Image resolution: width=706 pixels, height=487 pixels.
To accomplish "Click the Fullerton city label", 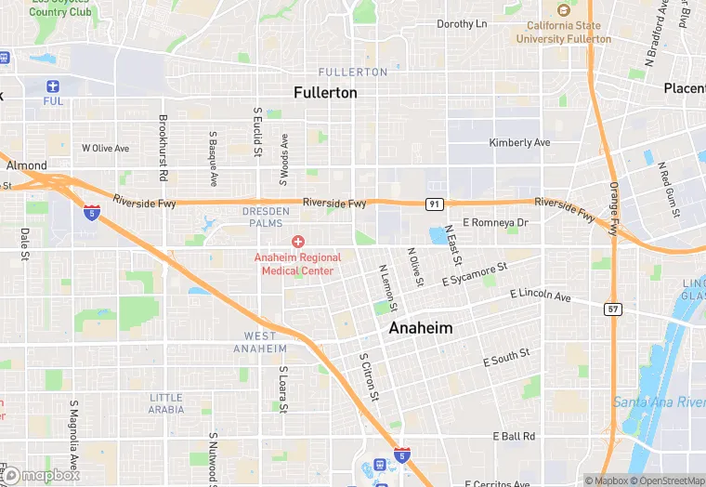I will (325, 93).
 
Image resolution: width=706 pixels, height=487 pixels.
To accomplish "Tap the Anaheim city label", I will (420, 328).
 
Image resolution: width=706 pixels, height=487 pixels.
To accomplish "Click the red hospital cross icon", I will (298, 242).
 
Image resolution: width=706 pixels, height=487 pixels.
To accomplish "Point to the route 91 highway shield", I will (434, 203).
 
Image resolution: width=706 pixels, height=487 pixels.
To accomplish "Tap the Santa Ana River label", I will (659, 401).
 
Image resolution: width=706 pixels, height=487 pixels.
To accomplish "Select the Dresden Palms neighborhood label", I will (267, 217).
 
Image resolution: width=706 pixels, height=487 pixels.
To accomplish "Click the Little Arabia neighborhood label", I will (166, 403).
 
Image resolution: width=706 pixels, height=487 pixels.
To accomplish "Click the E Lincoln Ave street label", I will (541, 295).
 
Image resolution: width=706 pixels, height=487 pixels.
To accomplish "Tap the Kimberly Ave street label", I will (519, 143).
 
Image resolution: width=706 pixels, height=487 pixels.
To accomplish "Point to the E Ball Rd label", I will (514, 436).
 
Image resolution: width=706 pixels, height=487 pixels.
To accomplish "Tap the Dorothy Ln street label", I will (462, 24).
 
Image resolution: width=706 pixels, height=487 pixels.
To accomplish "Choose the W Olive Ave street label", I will (105, 148).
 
